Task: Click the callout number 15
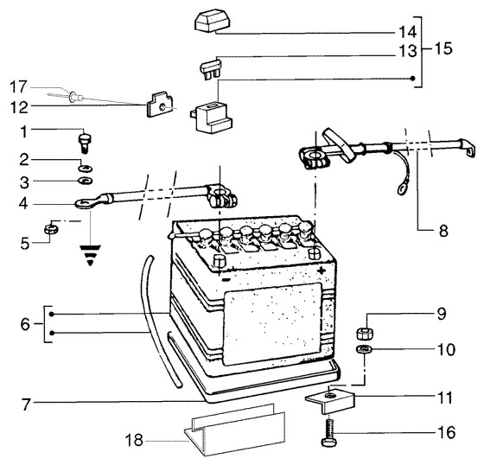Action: pos(443,48)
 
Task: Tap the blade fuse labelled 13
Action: pos(211,68)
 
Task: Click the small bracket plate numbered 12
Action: pos(160,105)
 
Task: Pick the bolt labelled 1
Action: pos(86,143)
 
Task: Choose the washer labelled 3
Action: pos(86,181)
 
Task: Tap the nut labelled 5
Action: pos(51,229)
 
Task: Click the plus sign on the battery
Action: pos(322,271)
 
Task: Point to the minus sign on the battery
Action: pos(226,280)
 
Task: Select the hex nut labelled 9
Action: pos(365,334)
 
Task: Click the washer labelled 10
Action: pos(364,349)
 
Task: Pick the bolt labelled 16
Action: pos(329,431)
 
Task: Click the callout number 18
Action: pos(134,440)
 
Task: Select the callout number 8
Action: pos(443,231)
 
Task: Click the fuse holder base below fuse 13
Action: pos(211,118)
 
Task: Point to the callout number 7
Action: pos(25,404)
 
